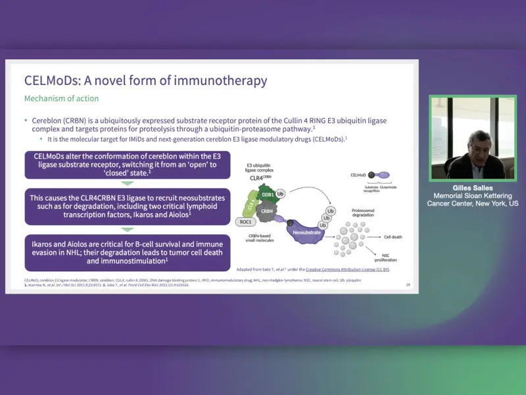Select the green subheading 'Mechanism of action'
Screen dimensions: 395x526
tap(61, 99)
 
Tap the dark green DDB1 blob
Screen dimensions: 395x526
tap(267, 197)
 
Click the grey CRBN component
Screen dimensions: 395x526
tap(266, 212)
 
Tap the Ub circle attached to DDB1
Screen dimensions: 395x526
tap(281, 195)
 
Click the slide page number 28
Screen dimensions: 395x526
tap(408, 284)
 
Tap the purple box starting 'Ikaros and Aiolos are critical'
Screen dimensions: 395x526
tap(127, 251)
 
